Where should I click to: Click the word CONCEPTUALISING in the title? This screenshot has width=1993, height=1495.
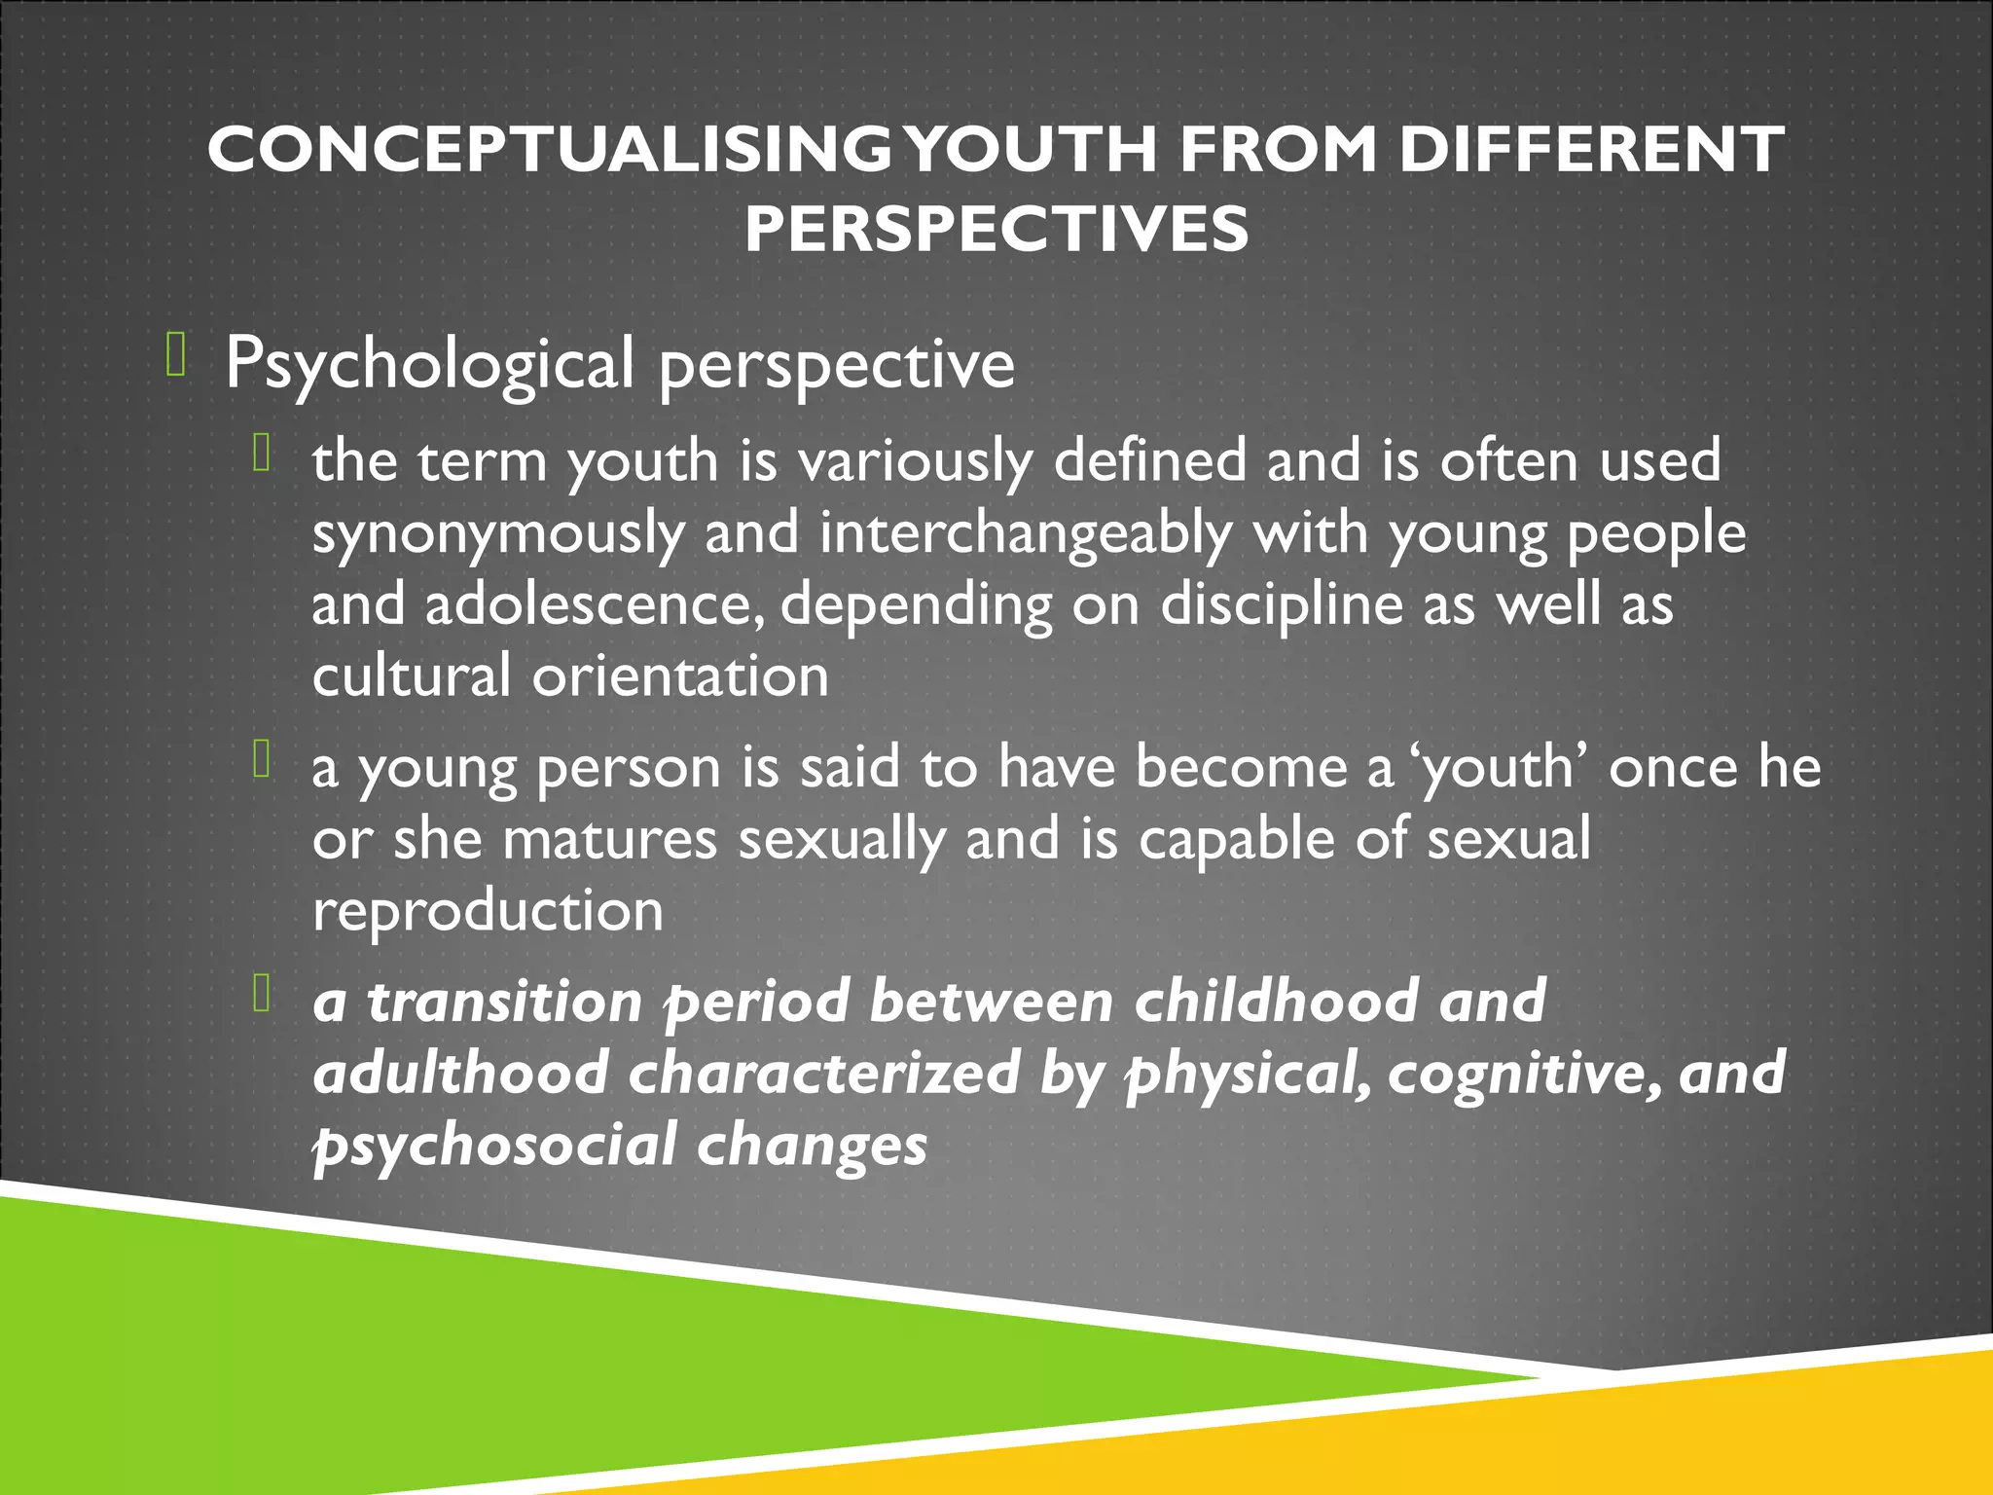550,151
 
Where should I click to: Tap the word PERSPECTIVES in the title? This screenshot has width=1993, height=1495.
996,230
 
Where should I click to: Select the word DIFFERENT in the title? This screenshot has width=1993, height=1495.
1591,151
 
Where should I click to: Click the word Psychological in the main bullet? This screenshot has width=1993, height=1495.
429,364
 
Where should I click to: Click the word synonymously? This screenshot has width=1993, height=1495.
497,534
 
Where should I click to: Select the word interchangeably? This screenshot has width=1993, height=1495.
1026,534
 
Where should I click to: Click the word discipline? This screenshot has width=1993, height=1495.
1281,604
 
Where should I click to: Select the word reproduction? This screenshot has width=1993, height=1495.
488,911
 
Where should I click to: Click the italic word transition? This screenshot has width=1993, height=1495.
505,1002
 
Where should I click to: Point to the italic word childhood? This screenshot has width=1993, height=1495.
1276,1002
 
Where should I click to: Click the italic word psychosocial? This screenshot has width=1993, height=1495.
494,1145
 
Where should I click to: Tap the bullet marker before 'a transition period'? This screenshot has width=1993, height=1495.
261,993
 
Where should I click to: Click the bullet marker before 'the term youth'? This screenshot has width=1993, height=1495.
261,453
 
